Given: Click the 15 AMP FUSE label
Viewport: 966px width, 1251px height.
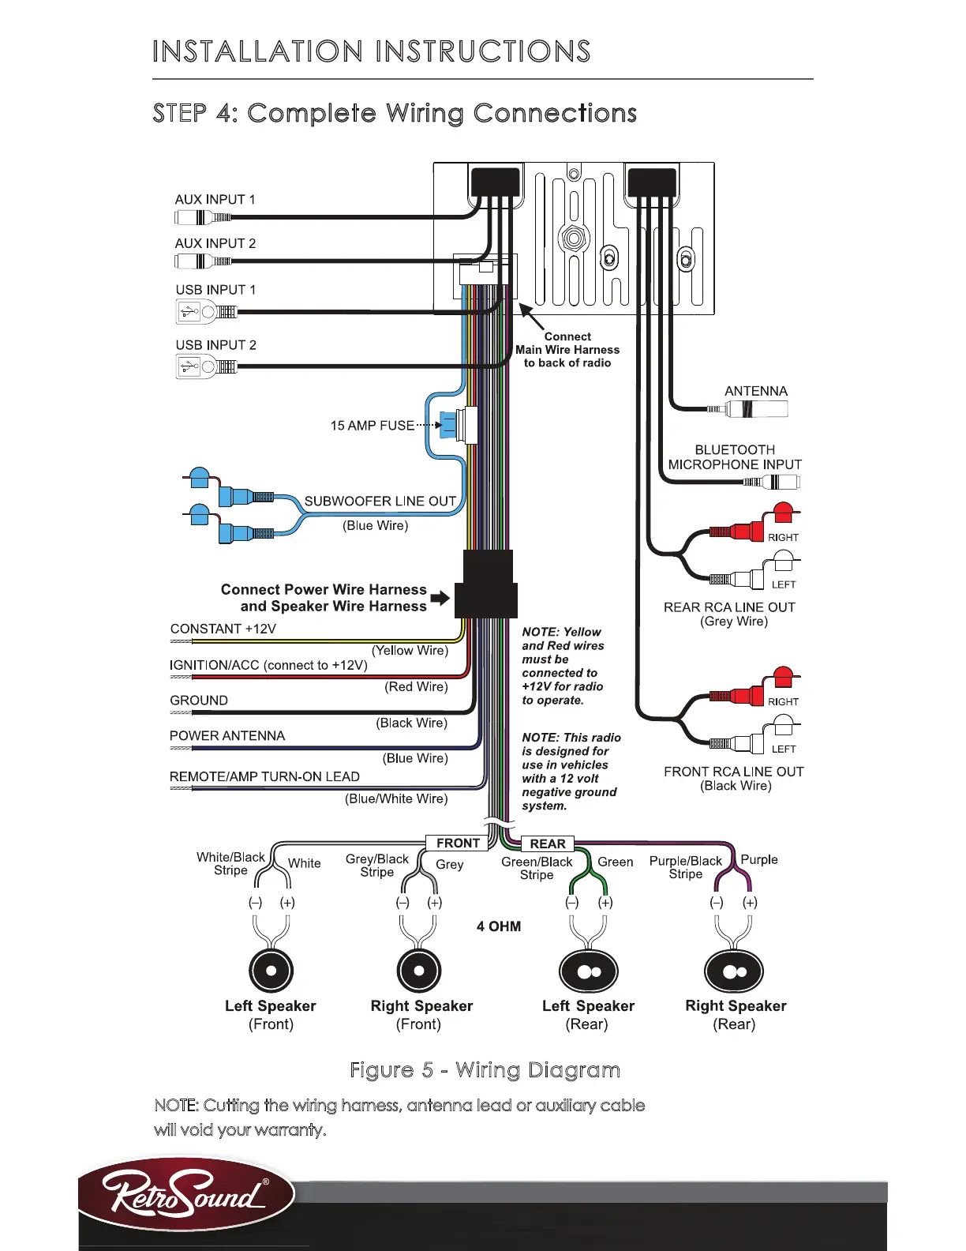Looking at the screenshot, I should tap(372, 426).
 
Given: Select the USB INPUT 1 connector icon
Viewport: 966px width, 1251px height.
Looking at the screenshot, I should tap(205, 312).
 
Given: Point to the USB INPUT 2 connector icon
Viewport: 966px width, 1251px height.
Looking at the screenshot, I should tap(205, 366).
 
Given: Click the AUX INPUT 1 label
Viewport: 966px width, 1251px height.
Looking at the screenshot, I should tap(215, 200).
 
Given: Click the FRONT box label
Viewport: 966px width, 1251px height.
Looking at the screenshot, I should tap(458, 843).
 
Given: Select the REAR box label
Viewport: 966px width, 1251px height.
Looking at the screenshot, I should tap(548, 844).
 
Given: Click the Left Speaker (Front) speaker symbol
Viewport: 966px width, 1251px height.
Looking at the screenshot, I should tap(271, 971).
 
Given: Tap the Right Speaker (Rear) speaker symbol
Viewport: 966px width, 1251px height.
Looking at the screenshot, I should tap(734, 971).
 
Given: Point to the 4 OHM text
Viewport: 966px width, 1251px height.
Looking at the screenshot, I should tap(499, 926).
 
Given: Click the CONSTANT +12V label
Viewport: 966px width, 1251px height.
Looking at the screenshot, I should tap(223, 629).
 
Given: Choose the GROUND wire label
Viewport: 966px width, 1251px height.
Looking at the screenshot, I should tap(199, 701).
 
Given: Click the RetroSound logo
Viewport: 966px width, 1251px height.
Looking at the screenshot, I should tap(187, 1193).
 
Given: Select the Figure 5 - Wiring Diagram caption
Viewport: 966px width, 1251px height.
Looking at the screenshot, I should tap(485, 1070).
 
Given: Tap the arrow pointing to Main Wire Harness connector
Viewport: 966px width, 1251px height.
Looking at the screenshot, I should tap(530, 317).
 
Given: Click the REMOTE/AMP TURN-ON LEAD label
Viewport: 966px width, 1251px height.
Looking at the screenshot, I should tap(264, 776).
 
